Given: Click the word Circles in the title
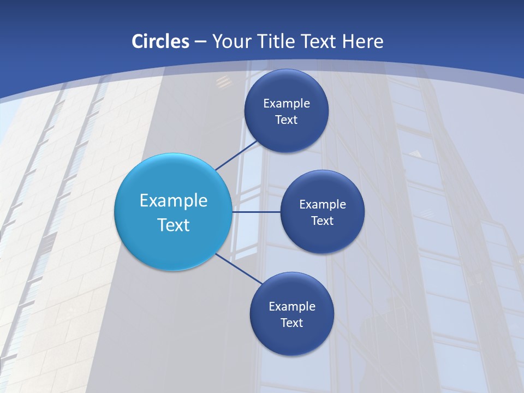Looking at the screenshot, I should coord(160,41).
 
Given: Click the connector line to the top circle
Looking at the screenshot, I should coord(236,155).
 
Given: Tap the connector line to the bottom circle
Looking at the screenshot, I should coord(239,269).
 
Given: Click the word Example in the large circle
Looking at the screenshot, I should coord(174,201).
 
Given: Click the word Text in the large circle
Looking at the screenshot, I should coord(174,225).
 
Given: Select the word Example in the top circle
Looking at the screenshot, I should coord(287,103).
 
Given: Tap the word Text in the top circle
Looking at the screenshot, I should coord(286,120).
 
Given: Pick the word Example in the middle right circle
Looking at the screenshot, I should coord(323,205).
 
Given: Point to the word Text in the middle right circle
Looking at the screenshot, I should coord(322,221).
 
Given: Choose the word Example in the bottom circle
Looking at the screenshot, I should coord(292,306).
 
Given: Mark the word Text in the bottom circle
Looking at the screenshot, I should coord(291,323).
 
